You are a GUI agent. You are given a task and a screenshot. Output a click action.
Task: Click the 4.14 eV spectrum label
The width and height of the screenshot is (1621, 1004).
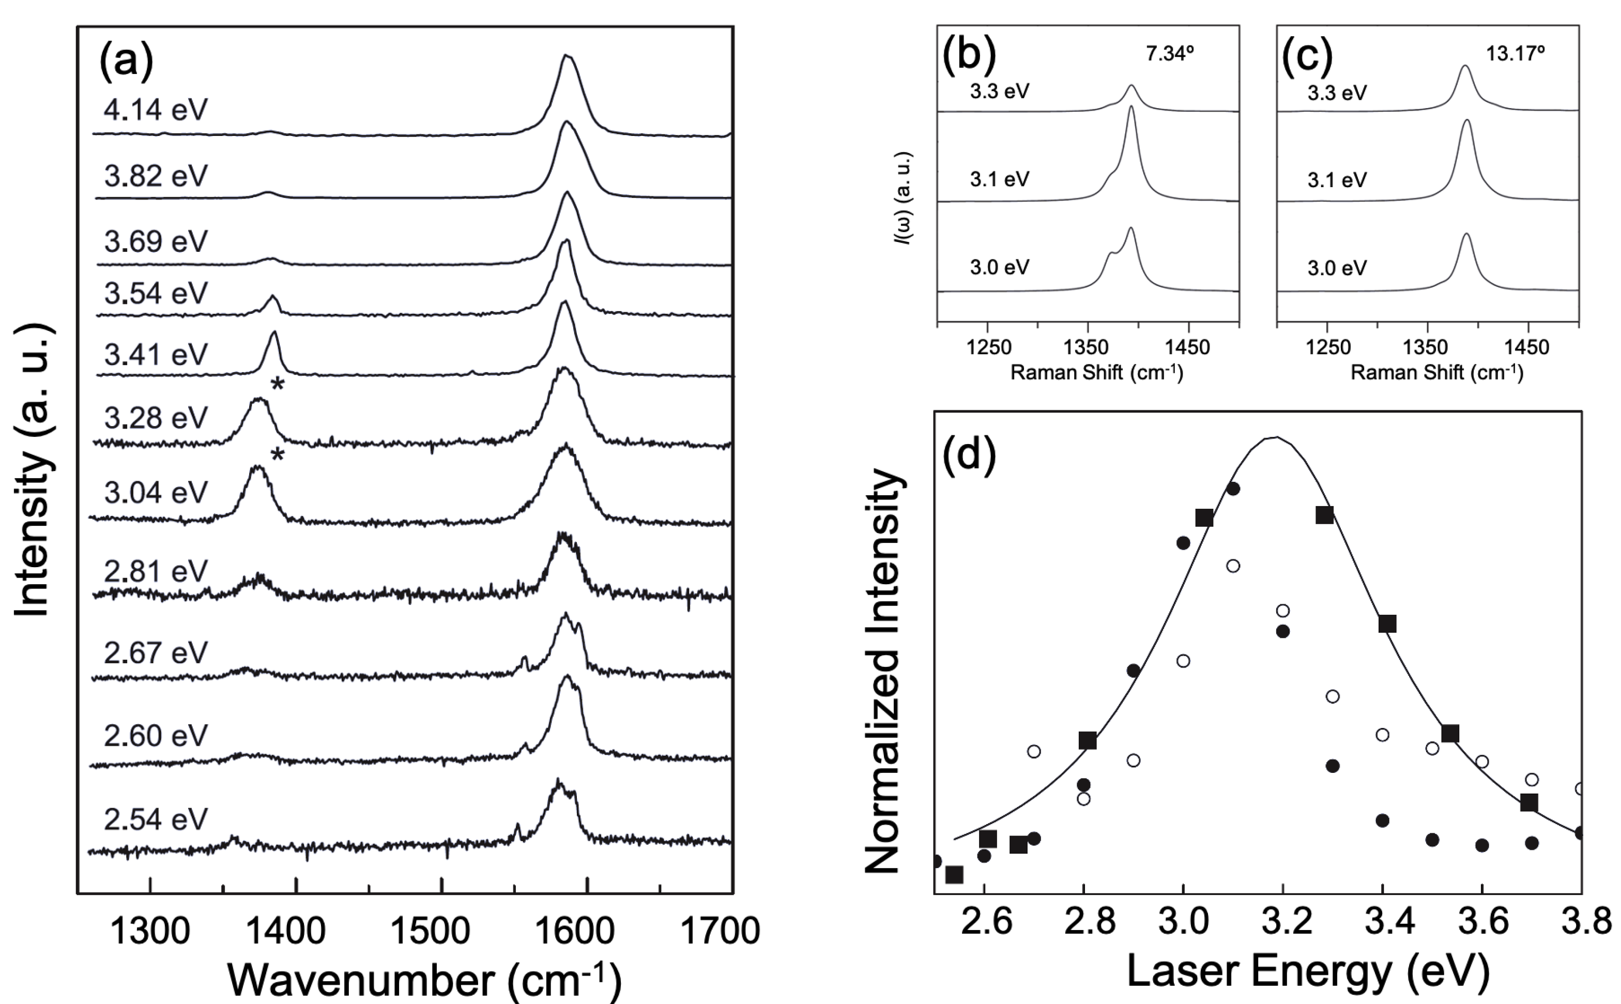156,110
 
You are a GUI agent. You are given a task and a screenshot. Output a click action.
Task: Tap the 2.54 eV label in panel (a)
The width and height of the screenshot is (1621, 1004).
156,819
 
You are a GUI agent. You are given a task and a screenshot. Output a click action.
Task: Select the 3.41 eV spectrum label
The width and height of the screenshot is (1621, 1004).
156,355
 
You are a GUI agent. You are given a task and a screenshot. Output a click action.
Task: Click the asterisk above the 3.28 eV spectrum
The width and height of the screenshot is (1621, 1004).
278,385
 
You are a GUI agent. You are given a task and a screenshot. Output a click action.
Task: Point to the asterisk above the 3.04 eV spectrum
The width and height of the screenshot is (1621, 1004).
278,455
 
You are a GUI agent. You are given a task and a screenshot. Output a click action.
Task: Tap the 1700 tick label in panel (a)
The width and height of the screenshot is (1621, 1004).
720,931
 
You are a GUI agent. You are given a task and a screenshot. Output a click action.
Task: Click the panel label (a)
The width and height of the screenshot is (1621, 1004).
126,61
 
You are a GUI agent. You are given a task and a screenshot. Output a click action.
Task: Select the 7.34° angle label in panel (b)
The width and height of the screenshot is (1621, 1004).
1170,54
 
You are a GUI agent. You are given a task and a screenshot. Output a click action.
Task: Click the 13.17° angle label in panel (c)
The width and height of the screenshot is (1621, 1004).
1515,54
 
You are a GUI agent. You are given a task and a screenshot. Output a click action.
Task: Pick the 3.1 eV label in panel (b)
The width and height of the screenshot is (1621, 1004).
999,179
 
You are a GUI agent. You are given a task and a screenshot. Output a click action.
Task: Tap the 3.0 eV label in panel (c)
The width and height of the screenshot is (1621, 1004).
1337,268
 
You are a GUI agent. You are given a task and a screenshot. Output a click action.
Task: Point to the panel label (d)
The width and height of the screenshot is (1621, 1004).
969,454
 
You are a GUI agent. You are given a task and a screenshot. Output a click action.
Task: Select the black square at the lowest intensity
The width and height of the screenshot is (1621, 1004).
954,875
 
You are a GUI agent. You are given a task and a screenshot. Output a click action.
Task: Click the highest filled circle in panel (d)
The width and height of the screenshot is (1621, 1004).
1233,489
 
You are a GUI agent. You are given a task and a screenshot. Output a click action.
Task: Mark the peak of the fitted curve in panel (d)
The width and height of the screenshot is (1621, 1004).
1275,437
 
